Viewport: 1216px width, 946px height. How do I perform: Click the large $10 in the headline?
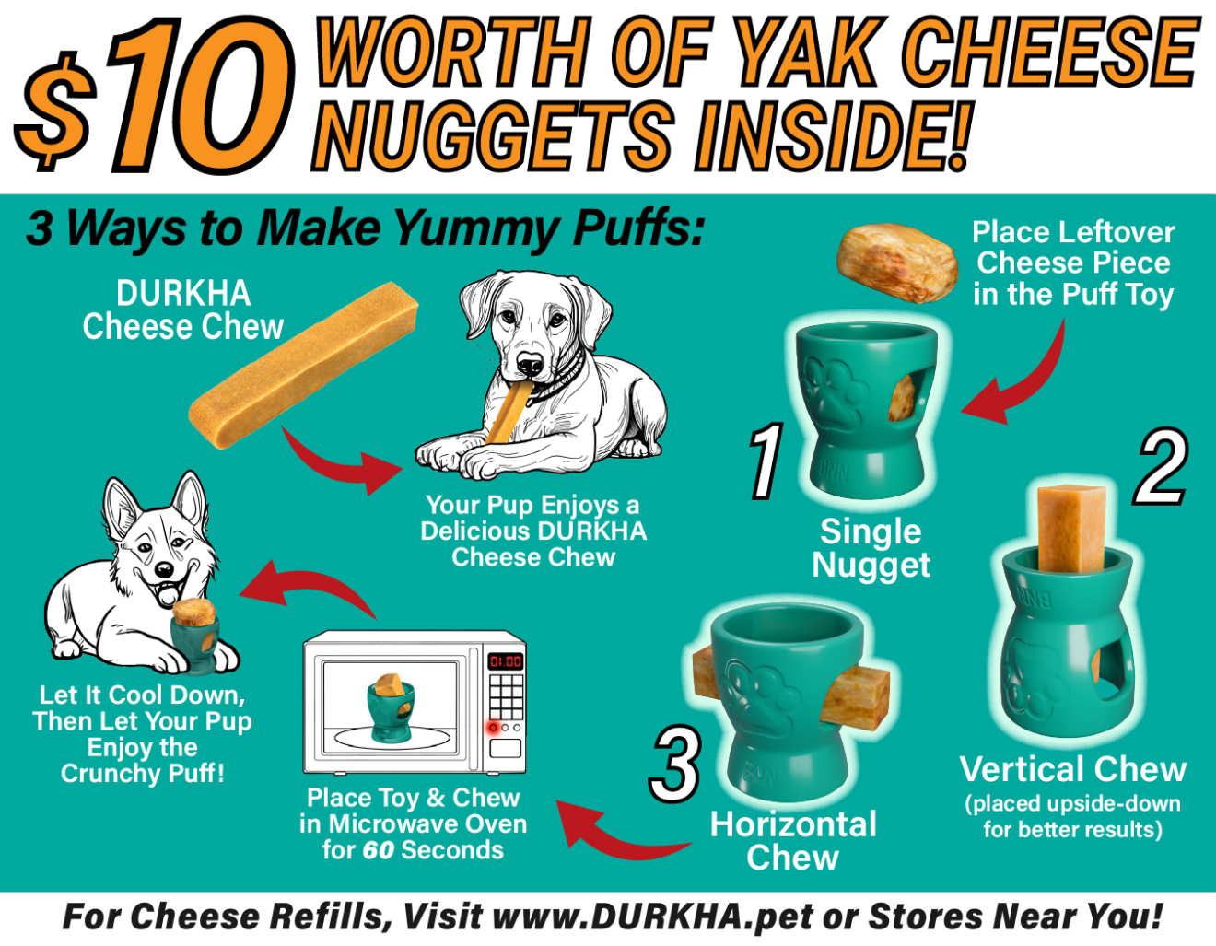click(155, 96)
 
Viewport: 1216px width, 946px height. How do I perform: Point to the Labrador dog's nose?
click(530, 365)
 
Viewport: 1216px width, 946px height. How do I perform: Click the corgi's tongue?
click(169, 594)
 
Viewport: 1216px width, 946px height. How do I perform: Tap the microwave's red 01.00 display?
click(506, 661)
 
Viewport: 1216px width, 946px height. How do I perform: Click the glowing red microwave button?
click(493, 728)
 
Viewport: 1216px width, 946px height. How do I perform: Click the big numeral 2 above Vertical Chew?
click(1161, 467)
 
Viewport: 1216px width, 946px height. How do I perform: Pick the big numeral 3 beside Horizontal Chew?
click(674, 763)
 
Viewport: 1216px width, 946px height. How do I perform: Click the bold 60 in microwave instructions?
click(379, 851)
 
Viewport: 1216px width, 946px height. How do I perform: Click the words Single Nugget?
click(871, 548)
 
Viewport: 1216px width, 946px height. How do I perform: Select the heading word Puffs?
click(638, 228)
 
